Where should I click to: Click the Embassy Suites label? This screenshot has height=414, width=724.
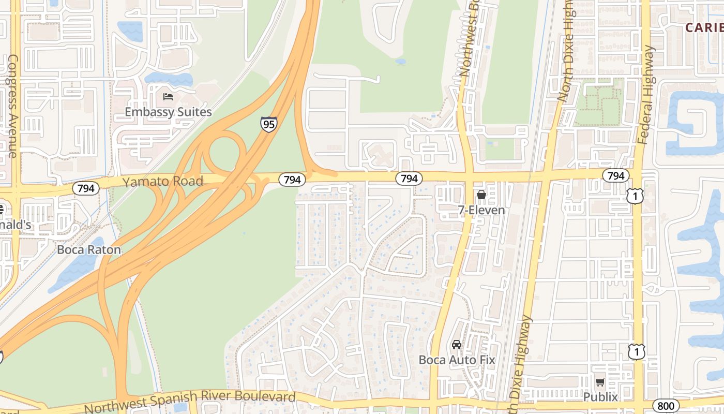click(x=168, y=112)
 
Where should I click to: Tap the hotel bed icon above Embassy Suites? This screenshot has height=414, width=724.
click(x=168, y=97)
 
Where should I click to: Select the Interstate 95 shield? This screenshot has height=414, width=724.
click(x=268, y=124)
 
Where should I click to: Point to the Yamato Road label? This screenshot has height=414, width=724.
click(x=162, y=181)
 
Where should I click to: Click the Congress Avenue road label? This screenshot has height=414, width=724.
click(x=13, y=106)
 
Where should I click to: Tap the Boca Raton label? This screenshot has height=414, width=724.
click(x=89, y=249)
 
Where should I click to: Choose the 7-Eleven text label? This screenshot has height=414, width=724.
click(x=481, y=210)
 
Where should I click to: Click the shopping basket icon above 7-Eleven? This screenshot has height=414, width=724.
click(x=481, y=195)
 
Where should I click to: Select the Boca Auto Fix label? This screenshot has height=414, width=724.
click(x=457, y=360)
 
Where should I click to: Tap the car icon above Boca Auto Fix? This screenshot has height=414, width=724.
click(x=457, y=345)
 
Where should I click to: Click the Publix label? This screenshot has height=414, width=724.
click(x=600, y=397)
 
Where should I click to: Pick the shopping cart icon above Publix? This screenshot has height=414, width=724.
click(x=600, y=382)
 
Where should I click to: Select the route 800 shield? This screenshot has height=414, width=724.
click(x=665, y=405)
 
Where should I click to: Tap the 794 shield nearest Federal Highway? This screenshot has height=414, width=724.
click(x=615, y=176)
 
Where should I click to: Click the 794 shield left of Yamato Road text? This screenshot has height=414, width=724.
click(x=86, y=188)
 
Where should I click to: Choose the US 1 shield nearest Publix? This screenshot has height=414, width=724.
click(x=637, y=352)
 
